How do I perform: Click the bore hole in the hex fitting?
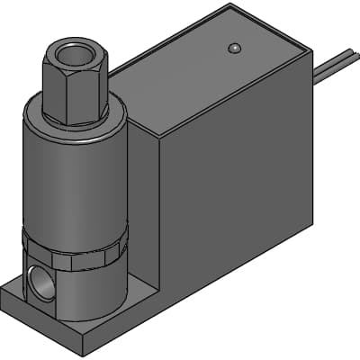tap(75, 53)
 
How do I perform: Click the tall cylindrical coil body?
tap(72, 180)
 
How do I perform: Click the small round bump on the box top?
tap(234, 48)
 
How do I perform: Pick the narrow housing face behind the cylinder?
tap(144, 207)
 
